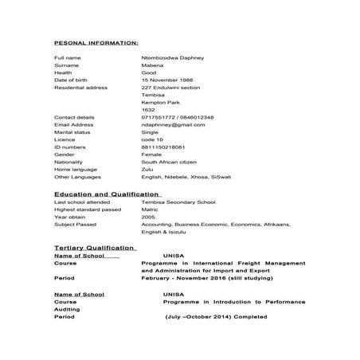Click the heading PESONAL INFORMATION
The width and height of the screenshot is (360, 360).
coord(96,42)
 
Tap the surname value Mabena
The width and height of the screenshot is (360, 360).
coord(152,66)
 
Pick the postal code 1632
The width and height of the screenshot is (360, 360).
coord(147,110)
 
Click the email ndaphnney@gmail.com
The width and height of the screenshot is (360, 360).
coord(173,125)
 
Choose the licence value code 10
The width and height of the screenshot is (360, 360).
coord(152,139)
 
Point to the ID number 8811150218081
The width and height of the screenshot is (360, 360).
coord(163,147)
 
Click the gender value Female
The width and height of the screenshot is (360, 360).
coord(151,155)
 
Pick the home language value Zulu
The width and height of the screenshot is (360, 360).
coord(147,169)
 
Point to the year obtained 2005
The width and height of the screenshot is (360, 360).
coord(149,217)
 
